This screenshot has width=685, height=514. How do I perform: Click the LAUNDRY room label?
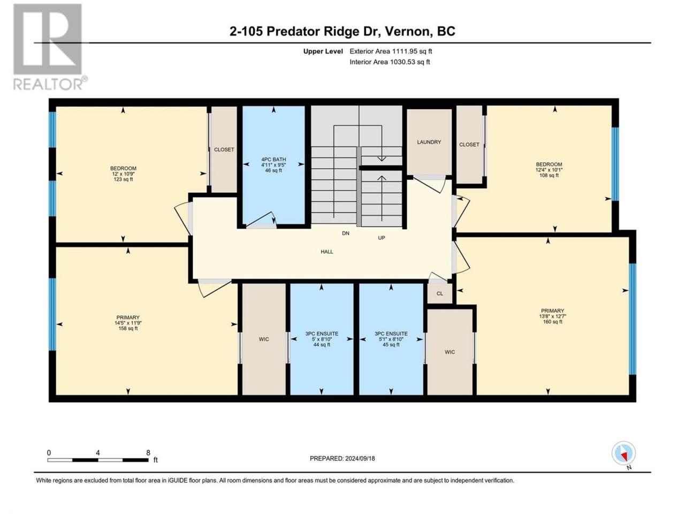(429, 142)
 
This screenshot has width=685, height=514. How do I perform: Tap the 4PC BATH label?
(273, 159)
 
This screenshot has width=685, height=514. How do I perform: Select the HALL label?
(327, 252)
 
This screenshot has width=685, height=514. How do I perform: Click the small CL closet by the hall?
(439, 293)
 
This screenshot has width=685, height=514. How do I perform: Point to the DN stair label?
(346, 233)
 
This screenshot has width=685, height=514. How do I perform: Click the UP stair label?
(382, 238)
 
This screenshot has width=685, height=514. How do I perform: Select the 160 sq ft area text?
(552, 322)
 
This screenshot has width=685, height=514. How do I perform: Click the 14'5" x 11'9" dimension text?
(128, 323)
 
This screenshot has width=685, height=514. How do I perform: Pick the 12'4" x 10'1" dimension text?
(549, 170)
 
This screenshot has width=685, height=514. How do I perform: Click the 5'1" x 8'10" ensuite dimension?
(391, 339)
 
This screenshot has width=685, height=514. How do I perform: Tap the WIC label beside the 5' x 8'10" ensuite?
(264, 339)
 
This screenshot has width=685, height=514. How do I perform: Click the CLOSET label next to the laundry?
(469, 145)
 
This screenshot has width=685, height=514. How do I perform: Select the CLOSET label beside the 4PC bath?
(224, 149)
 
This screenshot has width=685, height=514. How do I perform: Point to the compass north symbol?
(623, 454)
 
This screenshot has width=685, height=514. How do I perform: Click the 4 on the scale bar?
(98, 453)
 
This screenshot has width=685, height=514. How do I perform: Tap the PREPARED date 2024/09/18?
(360, 458)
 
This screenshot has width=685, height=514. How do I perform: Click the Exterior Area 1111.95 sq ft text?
(391, 51)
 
